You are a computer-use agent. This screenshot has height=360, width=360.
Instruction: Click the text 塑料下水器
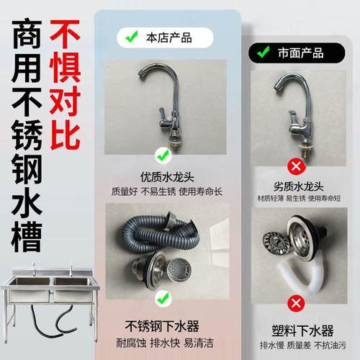pyautogui.click(x=295, y=330)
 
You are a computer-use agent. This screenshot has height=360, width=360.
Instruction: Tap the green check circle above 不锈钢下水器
pyautogui.click(x=163, y=295)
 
